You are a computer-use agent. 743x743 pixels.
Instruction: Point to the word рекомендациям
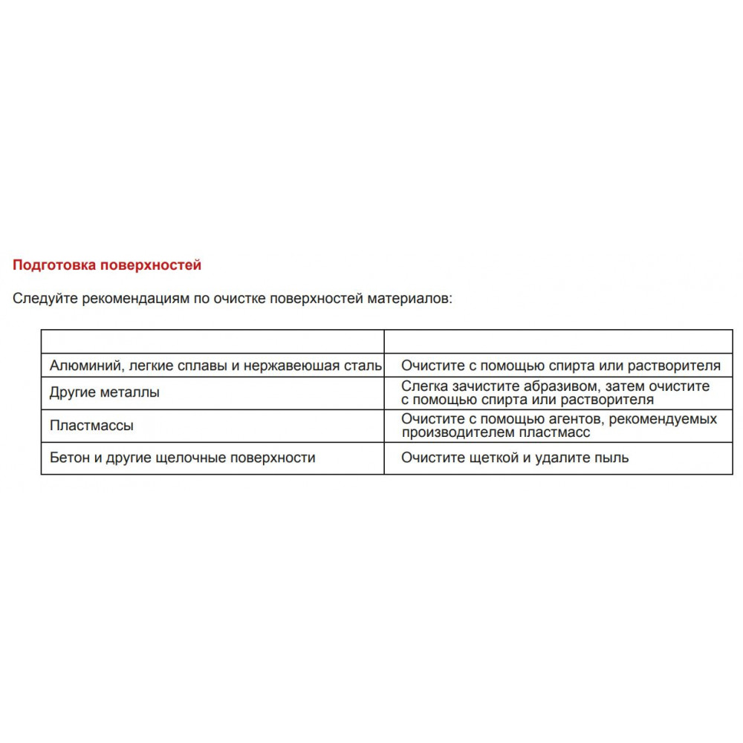137,299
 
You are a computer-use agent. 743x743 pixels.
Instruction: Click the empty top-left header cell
212,341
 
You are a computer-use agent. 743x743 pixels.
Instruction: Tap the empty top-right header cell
558,341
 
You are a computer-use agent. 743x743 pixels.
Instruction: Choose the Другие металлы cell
104,392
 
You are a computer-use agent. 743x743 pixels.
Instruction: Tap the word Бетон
71,458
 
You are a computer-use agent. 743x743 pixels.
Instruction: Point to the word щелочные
194,458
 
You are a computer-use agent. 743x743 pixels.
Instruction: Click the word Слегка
423,386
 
